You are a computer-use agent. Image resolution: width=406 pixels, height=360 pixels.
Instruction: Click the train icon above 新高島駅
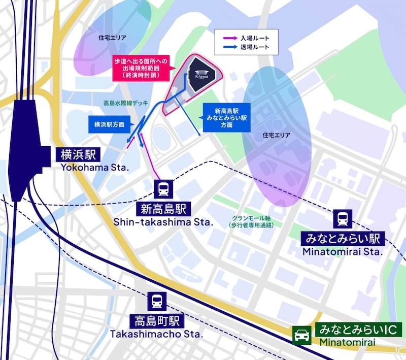164,189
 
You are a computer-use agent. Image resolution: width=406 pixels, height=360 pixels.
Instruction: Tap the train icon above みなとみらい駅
341,219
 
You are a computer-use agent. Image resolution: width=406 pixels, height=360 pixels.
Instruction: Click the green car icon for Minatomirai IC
302,336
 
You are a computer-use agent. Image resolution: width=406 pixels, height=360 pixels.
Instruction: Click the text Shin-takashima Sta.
163,222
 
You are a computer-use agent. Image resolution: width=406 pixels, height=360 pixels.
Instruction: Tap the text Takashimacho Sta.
156,335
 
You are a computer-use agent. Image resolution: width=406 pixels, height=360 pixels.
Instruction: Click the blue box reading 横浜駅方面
110,124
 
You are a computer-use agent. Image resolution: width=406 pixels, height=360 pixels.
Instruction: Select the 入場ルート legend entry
247,38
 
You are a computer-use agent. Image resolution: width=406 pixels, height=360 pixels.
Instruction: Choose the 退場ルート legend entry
247,47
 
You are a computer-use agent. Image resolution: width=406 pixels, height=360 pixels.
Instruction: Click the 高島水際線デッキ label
125,103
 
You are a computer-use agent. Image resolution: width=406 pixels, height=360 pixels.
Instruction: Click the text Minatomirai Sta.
342,251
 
